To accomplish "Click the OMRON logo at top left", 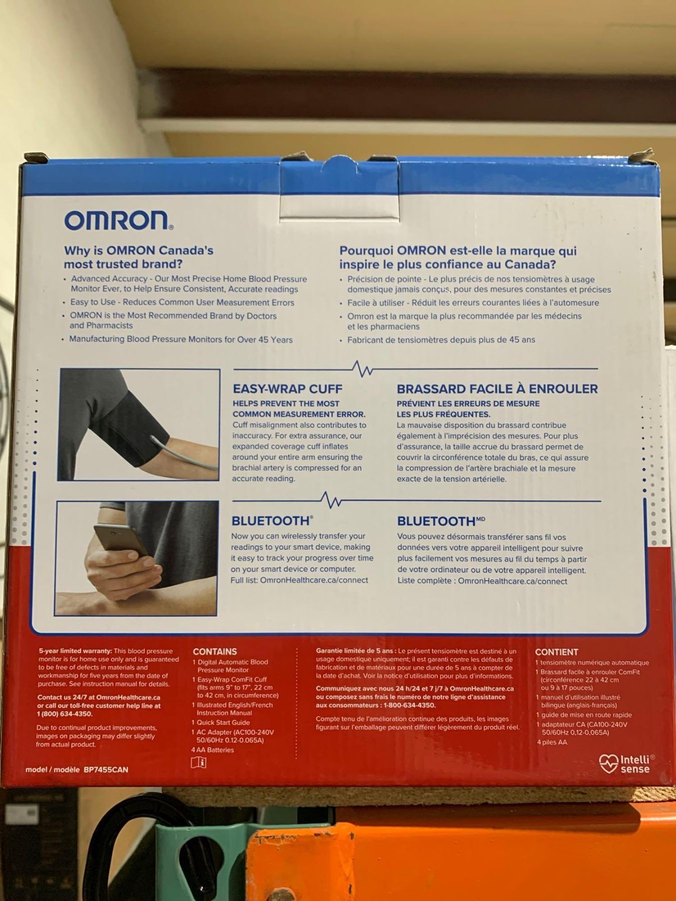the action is (x=119, y=220).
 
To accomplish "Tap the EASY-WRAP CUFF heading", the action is (x=287, y=389).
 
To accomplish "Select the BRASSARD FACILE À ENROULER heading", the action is (x=497, y=389).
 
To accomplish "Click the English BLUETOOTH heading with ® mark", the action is (x=272, y=521).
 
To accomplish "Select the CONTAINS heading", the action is (x=215, y=652).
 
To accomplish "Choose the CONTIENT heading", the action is (x=556, y=652).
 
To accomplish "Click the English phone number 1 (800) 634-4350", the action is (x=65, y=714).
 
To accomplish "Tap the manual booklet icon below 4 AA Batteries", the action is (x=199, y=762).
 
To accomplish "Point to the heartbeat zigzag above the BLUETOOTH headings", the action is (x=331, y=500).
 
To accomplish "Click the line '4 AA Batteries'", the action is (x=212, y=750).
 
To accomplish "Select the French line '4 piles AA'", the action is (x=552, y=742).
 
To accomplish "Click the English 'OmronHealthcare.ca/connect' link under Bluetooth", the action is (x=314, y=580).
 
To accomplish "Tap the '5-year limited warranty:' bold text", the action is (x=75, y=651).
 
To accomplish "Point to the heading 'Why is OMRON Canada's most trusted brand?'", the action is (x=139, y=257).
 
